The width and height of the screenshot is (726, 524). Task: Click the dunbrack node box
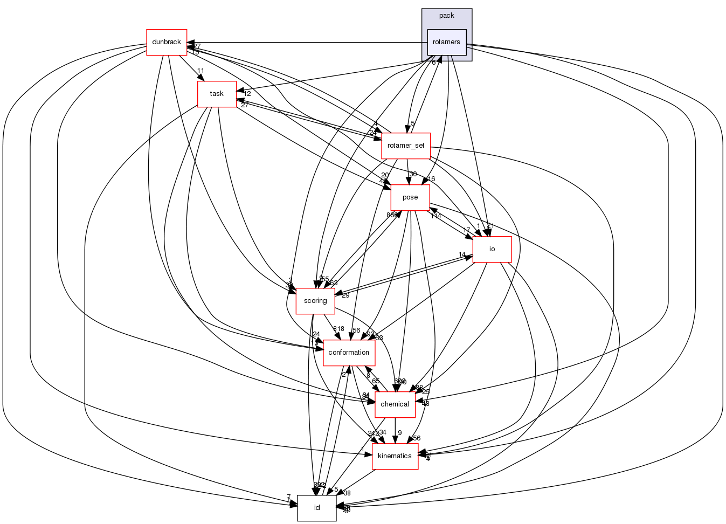coord(167,42)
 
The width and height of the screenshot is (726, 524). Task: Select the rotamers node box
coord(446,42)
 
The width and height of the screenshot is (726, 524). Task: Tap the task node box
coord(217,94)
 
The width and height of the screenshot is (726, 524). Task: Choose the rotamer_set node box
coord(406,146)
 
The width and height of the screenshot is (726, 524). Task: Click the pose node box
coord(410,197)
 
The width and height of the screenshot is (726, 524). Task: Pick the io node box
coord(492,249)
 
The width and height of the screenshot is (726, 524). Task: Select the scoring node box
coord(315,301)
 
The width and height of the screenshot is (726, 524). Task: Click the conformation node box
coord(349,353)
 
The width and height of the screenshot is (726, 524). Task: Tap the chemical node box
coord(395,404)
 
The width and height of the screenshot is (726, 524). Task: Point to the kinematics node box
coord(395,456)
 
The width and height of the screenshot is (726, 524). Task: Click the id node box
coord(317,508)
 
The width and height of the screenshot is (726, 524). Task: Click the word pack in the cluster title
coord(446,16)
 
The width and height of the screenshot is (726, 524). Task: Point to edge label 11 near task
coord(200,71)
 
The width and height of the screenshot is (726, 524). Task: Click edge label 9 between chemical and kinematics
coord(400,433)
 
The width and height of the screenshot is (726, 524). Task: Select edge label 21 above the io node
coord(490,226)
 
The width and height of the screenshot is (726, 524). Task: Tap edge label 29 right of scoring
coord(345,295)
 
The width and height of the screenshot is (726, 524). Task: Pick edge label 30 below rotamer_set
coord(413,174)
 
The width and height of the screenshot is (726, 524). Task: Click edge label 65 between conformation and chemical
coord(376,381)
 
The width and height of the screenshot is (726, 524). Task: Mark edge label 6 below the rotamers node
coord(433,63)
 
